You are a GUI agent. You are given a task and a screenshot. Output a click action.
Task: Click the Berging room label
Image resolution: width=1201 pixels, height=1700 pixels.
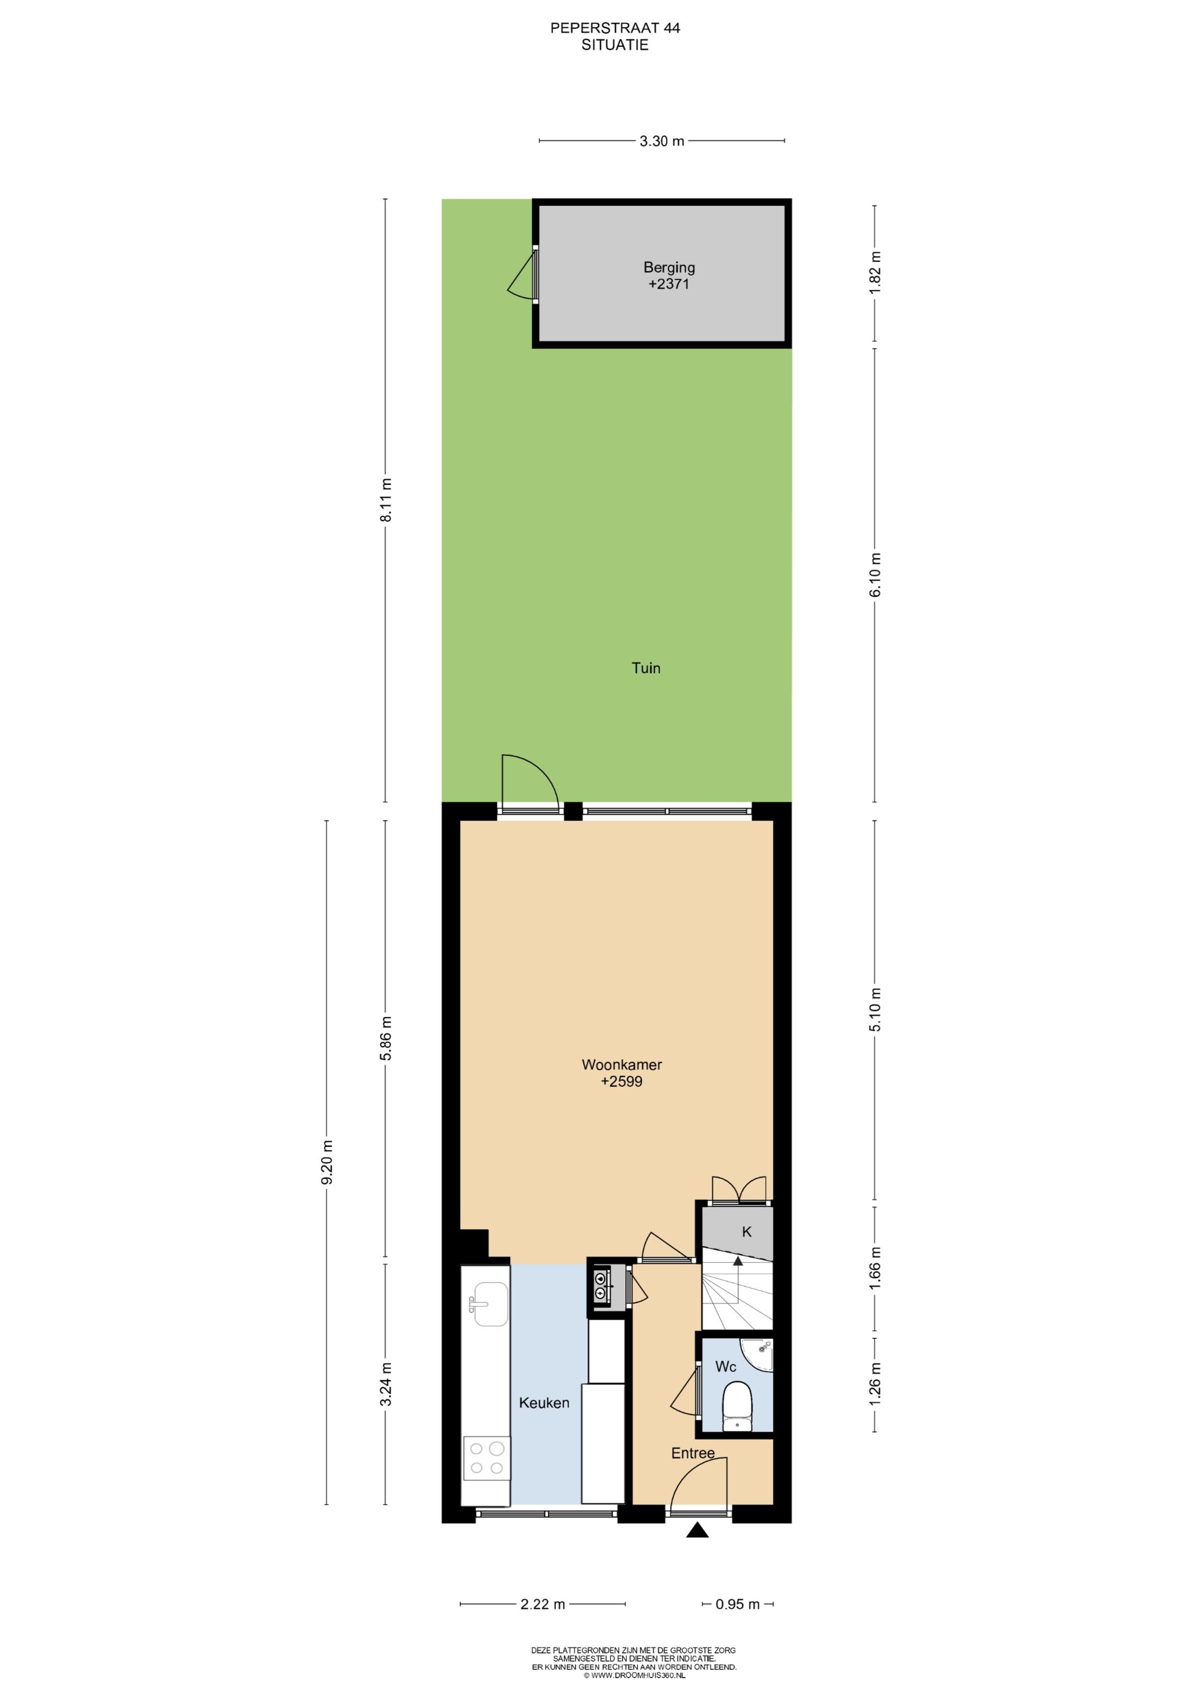click(669, 268)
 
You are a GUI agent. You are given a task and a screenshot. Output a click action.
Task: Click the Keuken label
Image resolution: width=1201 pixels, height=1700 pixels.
click(544, 1402)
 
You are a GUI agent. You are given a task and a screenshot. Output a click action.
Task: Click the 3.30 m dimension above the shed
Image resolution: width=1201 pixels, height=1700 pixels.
click(662, 141)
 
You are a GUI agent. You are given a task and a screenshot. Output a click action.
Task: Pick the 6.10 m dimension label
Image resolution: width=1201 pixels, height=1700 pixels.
click(876, 575)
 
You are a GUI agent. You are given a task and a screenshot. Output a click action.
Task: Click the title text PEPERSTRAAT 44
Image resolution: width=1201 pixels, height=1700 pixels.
click(615, 28)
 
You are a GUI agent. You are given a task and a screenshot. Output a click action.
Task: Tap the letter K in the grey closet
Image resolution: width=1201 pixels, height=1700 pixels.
click(747, 1231)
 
